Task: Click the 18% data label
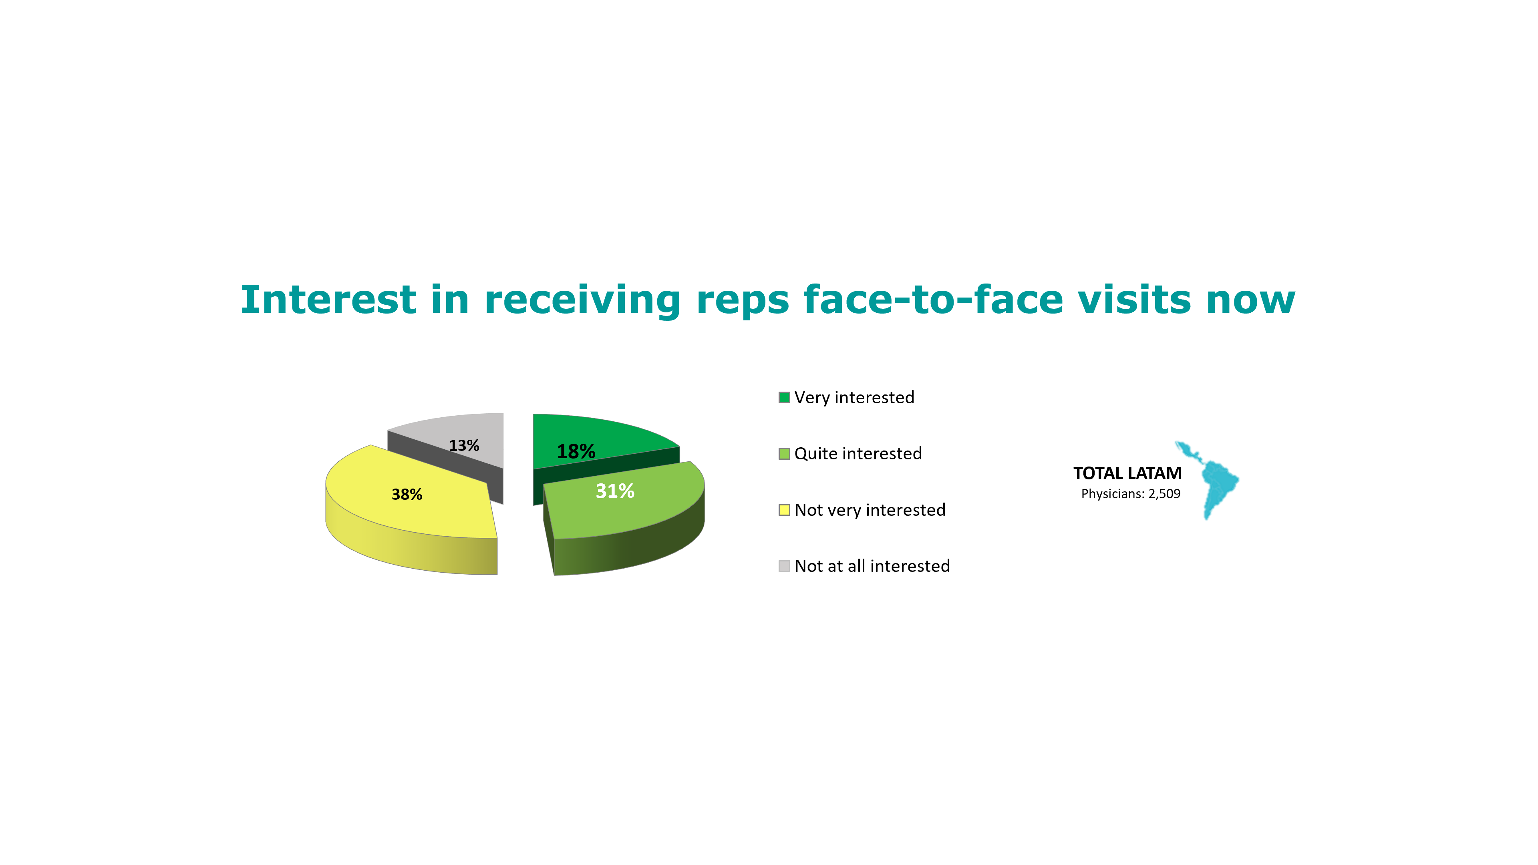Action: point(576,451)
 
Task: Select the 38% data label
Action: point(407,494)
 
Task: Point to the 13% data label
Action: point(464,445)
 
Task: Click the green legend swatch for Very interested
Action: point(784,398)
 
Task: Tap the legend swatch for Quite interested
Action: point(784,454)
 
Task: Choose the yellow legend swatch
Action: point(784,510)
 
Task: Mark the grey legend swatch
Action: point(784,566)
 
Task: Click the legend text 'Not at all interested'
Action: point(872,566)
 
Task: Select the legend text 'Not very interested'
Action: point(870,510)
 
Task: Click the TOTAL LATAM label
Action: point(1127,473)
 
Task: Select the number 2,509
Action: point(1164,494)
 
